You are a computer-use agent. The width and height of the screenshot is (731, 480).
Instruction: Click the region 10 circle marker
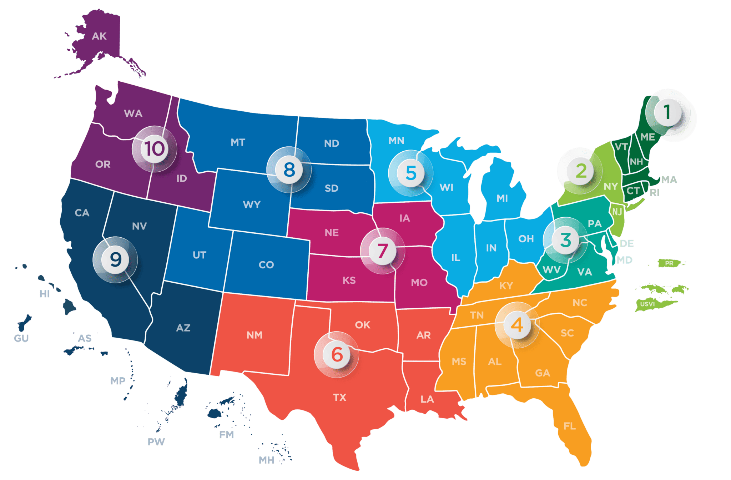click(155, 149)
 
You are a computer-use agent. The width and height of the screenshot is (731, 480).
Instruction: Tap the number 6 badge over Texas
click(337, 354)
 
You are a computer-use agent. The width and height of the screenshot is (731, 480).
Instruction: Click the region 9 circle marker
click(115, 259)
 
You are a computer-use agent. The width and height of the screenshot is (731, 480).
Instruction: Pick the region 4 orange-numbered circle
click(517, 325)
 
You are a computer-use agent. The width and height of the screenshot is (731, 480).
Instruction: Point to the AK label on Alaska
click(99, 36)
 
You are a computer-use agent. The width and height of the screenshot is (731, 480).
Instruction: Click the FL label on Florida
click(569, 426)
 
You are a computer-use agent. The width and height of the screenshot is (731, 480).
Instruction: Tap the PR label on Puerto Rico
click(669, 263)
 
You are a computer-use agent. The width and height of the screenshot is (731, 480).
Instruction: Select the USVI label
click(647, 304)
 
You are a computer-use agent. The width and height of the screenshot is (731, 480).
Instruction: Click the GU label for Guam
click(21, 338)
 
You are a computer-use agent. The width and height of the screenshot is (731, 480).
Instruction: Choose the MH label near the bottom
click(266, 460)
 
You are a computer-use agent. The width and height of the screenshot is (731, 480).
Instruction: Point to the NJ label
click(617, 212)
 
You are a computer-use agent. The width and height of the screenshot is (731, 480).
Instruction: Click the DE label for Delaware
click(627, 243)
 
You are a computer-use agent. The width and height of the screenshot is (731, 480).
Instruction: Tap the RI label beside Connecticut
click(654, 193)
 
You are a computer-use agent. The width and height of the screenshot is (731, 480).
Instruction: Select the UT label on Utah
click(199, 255)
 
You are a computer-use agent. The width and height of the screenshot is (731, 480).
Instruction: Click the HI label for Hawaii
click(44, 294)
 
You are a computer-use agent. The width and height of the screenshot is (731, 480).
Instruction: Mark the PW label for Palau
click(156, 442)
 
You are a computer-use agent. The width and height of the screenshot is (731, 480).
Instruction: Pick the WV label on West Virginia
click(551, 270)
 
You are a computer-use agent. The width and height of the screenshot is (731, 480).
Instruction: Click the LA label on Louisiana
click(427, 399)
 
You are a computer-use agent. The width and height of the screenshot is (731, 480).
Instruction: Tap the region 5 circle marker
click(411, 173)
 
